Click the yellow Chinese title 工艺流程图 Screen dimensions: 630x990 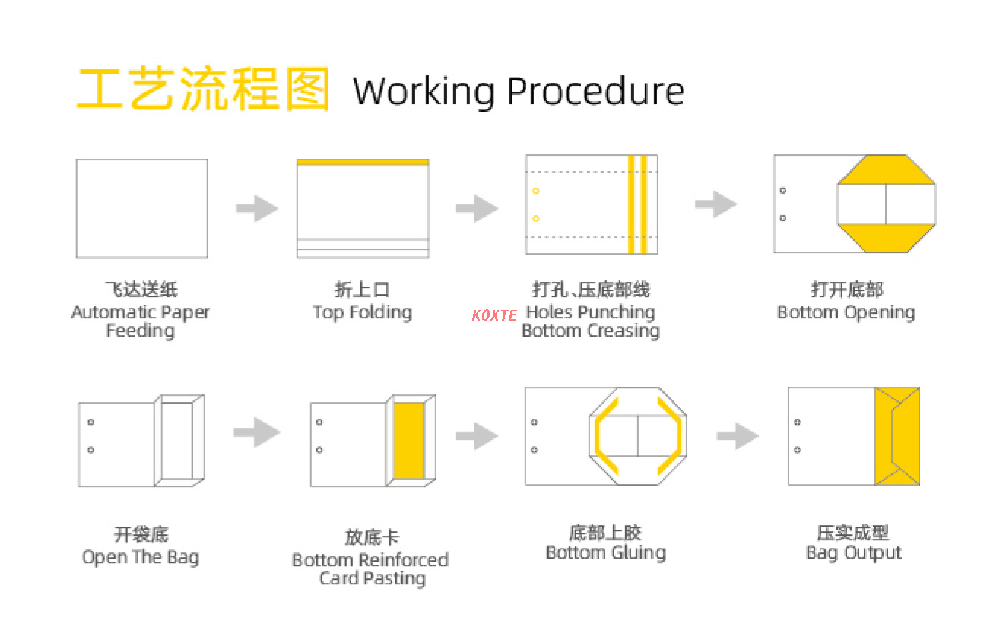point(204,90)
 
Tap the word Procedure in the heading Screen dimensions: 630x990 point(595,91)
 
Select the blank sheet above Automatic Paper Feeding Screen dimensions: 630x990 point(141,208)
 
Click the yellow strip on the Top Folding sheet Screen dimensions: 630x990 point(363,163)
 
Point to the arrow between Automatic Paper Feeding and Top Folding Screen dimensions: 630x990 point(256,208)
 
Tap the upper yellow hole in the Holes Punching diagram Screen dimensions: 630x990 point(536,191)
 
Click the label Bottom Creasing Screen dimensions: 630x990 point(590,331)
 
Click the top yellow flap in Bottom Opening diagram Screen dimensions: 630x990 point(887,172)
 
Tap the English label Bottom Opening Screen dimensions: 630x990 point(846,312)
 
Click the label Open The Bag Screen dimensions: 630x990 point(141,557)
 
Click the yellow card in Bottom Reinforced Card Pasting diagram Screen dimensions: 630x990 point(409,441)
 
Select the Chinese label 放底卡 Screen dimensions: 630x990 point(371,537)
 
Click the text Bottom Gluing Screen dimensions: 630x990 point(605,552)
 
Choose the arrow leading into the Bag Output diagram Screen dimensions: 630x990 point(737,435)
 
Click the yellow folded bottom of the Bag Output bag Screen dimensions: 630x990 point(897,436)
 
